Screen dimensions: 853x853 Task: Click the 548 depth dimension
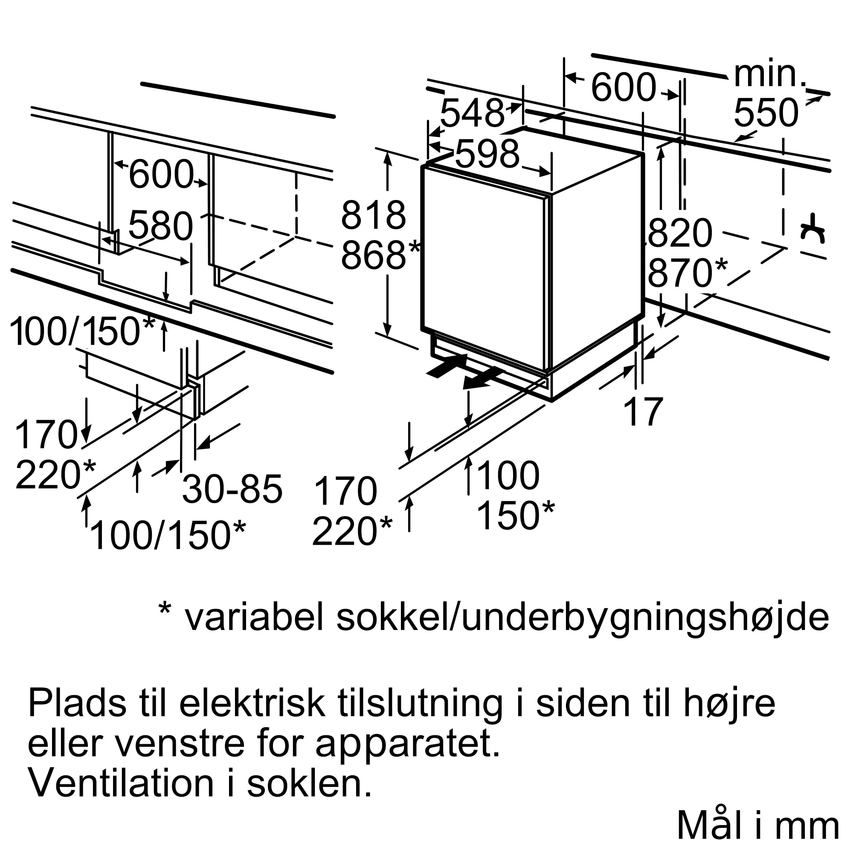[472, 113]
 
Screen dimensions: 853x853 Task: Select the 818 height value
[373, 215]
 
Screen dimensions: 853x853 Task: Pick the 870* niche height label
[688, 273]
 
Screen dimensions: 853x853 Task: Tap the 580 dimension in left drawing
[161, 225]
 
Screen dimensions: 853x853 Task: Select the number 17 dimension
[643, 412]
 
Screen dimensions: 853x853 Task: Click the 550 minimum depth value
[766, 113]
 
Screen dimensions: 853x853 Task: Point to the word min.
[770, 75]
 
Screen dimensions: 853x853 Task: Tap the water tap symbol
[813, 228]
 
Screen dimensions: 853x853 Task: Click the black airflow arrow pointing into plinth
[447, 366]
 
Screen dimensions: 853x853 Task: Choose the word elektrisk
[252, 704]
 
